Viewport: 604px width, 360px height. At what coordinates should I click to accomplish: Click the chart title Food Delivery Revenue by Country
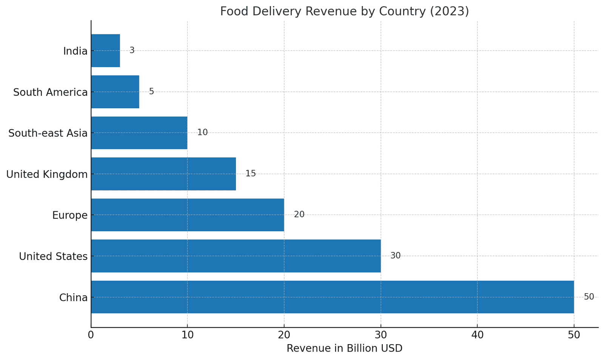pyautogui.click(x=344, y=11)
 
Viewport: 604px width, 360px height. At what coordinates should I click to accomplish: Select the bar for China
pyautogui.click(x=332, y=297)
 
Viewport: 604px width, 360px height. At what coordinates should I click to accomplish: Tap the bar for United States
pyautogui.click(x=236, y=256)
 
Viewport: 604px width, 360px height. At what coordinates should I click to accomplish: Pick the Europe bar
pyautogui.click(x=188, y=215)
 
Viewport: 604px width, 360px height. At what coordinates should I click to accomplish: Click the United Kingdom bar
pyautogui.click(x=163, y=174)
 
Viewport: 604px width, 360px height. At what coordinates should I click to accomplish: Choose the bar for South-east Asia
pyautogui.click(x=139, y=133)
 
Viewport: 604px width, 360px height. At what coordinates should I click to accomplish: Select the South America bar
pyautogui.click(x=115, y=92)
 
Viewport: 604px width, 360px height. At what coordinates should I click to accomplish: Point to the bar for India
pyautogui.click(x=106, y=51)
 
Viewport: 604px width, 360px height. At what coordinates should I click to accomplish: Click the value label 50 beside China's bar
pyautogui.click(x=589, y=297)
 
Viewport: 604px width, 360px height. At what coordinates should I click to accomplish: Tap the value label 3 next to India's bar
pyautogui.click(x=132, y=51)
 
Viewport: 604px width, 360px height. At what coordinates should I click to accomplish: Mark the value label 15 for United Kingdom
pyautogui.click(x=250, y=174)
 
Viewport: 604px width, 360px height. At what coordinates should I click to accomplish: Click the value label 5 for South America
pyautogui.click(x=151, y=92)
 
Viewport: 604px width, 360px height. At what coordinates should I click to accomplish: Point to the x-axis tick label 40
pyautogui.click(x=477, y=335)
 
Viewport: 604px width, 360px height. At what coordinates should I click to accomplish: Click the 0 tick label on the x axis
pyautogui.click(x=91, y=335)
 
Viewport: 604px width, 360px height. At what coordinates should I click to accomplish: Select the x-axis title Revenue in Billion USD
pyautogui.click(x=344, y=348)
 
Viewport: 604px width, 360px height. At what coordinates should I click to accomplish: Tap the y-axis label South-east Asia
pyautogui.click(x=48, y=133)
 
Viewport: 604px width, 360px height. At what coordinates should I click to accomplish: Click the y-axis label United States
pyautogui.click(x=53, y=257)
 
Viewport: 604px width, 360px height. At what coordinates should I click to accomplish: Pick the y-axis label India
pyautogui.click(x=75, y=51)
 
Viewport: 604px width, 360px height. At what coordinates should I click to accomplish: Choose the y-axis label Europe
pyautogui.click(x=70, y=215)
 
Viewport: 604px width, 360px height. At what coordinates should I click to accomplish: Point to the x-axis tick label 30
pyautogui.click(x=381, y=335)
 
